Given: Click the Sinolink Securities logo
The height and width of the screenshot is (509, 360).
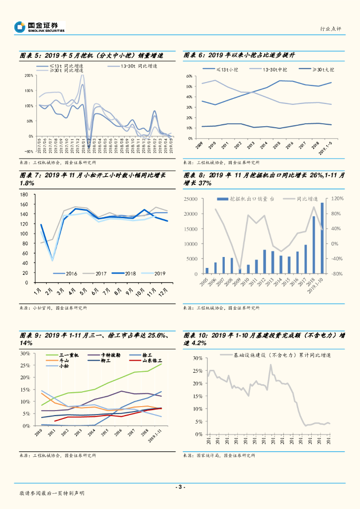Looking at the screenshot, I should point(40,27).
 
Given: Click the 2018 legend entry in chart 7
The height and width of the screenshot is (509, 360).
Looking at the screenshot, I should point(118,273).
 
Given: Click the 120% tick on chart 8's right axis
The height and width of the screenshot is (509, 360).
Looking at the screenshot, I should point(338,199).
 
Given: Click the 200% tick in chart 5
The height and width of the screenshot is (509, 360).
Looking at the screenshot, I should point(29,76).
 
